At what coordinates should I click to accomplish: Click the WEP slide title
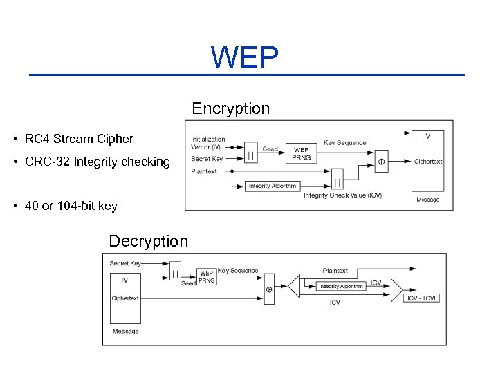point(245,58)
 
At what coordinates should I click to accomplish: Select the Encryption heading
point(230,109)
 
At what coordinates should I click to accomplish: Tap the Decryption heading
point(148,241)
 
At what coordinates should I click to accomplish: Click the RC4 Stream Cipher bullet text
point(79,139)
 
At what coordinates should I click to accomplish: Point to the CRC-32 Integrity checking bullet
point(97,162)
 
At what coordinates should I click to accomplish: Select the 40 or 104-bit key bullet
point(71,206)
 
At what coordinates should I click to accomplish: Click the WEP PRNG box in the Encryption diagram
point(302,153)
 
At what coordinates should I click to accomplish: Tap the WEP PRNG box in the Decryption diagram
point(207,277)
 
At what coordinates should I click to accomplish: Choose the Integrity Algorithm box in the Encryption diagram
point(273,186)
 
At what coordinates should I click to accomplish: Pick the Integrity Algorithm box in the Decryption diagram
point(340,286)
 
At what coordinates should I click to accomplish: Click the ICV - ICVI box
point(421,298)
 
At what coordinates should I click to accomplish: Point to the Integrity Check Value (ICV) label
point(342,195)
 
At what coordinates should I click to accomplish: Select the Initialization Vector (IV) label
point(206,143)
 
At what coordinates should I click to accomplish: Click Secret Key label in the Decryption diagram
point(125,263)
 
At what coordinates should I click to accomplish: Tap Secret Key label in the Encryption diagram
point(207,159)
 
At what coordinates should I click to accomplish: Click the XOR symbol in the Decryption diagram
point(269,291)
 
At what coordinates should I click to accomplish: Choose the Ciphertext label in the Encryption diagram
point(428,162)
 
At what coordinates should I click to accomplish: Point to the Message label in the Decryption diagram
point(125,331)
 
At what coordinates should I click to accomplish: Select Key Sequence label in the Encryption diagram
point(345,143)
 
